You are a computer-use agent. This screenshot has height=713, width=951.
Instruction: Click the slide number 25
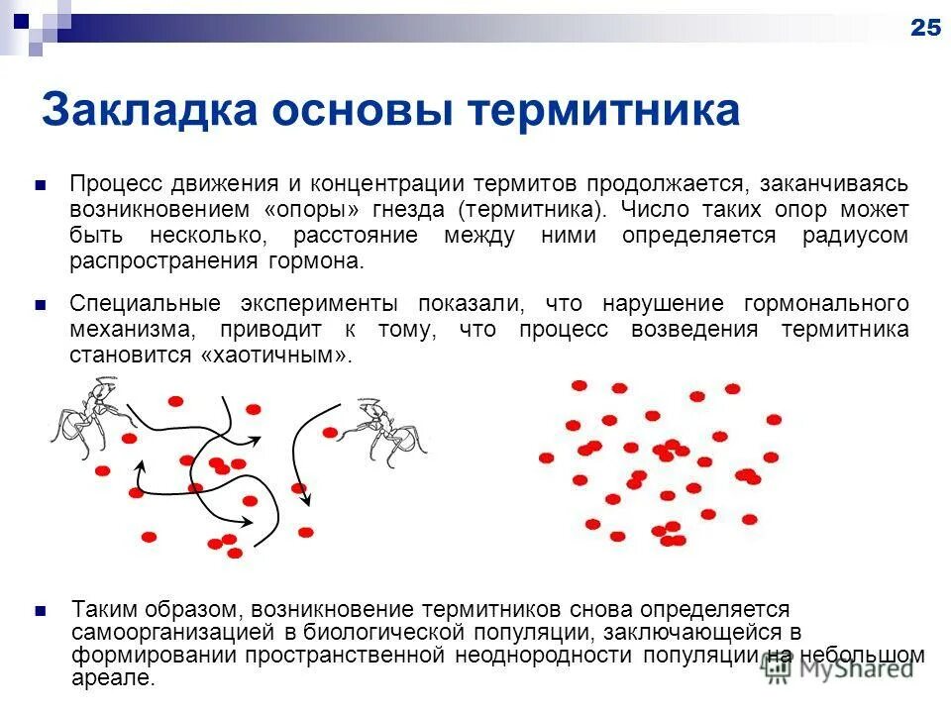tap(924, 28)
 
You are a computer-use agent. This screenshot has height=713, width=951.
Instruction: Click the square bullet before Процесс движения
tap(41, 185)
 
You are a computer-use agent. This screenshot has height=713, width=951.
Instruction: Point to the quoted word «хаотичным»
tap(275, 355)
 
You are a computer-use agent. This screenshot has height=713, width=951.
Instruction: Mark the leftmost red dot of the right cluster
tap(546, 458)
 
